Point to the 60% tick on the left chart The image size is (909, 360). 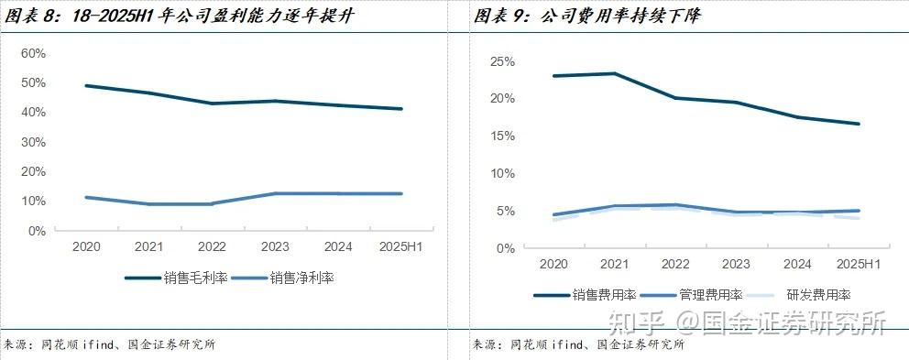coord(33,53)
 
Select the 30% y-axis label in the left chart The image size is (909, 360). coord(33,142)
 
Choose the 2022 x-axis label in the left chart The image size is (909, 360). coord(212,246)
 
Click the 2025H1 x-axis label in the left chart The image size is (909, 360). coord(400,246)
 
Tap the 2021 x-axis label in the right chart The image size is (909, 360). coord(614,263)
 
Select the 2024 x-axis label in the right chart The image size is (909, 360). coord(796,263)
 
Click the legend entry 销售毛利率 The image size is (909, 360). coord(178,278)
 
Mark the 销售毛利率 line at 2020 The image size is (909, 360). coord(85,86)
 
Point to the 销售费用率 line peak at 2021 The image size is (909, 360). coord(614,73)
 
